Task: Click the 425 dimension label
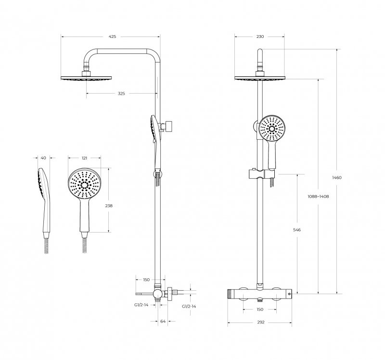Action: pos(112,37)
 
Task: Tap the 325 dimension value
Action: pos(121,93)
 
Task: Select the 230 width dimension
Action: pos(260,37)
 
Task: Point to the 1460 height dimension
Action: pos(337,177)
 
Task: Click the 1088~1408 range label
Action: pos(318,197)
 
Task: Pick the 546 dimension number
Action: pos(297,230)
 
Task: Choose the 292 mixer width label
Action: pos(261,322)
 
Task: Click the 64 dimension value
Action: pos(163,321)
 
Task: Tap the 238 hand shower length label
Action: pos(109,206)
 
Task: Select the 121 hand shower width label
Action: pos(84,158)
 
